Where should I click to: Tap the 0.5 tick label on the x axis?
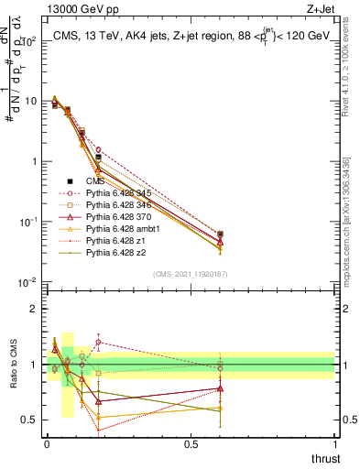tap(191, 444)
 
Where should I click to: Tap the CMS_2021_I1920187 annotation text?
tap(191, 273)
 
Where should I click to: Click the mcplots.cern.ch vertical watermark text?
tap(345, 220)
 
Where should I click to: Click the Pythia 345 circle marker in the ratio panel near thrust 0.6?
tap(220, 368)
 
